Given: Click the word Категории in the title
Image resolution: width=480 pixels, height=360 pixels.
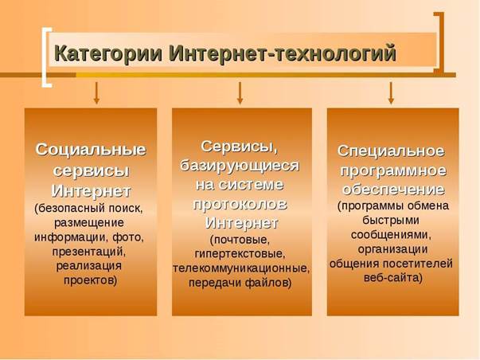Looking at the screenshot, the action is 108,54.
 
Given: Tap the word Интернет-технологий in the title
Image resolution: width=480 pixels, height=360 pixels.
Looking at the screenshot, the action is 283,53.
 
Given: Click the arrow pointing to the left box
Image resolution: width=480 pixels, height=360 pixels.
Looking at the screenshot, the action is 96,93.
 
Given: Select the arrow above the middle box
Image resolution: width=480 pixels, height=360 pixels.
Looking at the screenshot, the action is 240,93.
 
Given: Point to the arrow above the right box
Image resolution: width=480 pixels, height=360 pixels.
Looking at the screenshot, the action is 391,93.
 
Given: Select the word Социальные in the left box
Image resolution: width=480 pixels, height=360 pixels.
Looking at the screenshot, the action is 91,150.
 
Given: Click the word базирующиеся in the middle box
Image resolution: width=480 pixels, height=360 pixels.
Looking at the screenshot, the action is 240,166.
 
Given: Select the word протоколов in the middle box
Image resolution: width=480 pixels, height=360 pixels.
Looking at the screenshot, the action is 240,204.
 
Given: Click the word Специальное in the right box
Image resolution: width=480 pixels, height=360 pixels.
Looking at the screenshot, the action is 391,151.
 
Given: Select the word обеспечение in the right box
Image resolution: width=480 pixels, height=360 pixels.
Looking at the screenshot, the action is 393,190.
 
